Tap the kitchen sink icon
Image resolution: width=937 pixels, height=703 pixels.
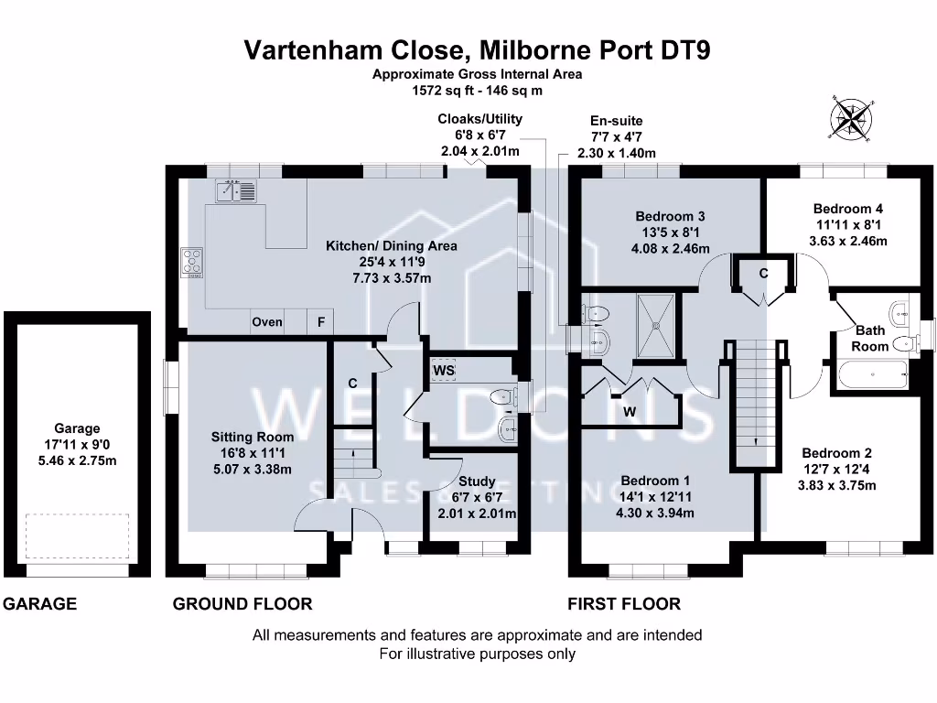coord(236,190)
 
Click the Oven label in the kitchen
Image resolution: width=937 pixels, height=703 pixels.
coord(267,322)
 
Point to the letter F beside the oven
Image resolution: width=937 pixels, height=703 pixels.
coord(320,322)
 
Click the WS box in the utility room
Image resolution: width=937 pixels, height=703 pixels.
coord(445,370)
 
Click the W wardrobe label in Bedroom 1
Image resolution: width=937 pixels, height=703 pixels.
coord(630,412)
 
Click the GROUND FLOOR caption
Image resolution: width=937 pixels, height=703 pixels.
coord(242,604)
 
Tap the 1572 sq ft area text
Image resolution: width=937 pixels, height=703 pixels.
coord(476,91)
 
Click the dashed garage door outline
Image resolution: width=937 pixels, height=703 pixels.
coord(77,535)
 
